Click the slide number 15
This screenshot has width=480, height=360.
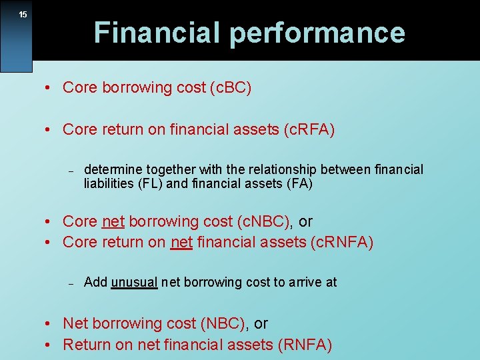23,14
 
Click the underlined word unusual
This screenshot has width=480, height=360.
134,282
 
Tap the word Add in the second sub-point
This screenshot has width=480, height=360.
95,282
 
